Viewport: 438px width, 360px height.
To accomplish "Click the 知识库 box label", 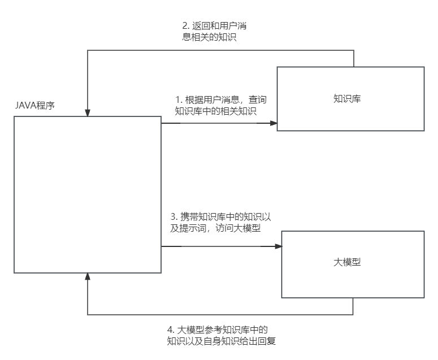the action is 347,98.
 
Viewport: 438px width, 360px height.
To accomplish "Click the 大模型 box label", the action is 347,262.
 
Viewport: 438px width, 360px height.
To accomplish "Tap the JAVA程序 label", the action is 35,105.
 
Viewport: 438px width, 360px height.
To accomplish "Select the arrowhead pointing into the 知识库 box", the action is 274,123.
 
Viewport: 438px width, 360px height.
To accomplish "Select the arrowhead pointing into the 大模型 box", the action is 279,246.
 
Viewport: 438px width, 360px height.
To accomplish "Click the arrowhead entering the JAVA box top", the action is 88,113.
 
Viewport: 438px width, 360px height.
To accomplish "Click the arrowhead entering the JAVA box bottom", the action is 88,276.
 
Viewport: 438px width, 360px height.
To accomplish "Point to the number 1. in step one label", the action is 179,99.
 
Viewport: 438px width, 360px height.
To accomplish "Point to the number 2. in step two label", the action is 186,25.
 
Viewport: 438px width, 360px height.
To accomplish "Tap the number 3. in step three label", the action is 174,216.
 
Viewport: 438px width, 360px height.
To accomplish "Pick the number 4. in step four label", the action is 171,329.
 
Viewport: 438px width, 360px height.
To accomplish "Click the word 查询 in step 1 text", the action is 258,99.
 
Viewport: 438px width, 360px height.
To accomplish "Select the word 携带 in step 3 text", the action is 189,216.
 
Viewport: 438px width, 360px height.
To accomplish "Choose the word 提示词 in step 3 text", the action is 193,228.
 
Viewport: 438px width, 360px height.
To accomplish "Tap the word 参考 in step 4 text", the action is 214,329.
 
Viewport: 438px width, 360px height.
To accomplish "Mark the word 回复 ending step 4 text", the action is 267,341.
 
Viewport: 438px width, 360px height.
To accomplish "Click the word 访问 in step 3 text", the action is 224,228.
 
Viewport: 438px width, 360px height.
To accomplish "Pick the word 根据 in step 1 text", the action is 194,99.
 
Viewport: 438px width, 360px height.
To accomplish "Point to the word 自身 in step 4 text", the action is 213,341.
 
